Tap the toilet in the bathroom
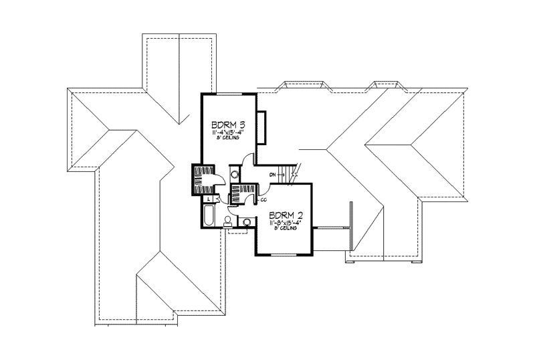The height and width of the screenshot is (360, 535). point(228,221)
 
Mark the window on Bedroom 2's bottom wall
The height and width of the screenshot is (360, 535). point(284,255)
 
